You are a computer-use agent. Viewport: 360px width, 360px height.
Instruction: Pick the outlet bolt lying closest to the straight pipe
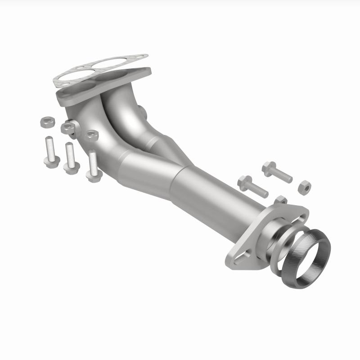click(x=252, y=186)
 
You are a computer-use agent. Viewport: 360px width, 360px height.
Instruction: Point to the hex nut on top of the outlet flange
click(x=281, y=200)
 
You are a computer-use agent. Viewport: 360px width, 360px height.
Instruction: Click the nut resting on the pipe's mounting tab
click(x=68, y=127)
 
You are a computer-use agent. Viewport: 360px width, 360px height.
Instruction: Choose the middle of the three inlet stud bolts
click(x=69, y=158)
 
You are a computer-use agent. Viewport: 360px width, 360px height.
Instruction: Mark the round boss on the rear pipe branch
click(x=140, y=111)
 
